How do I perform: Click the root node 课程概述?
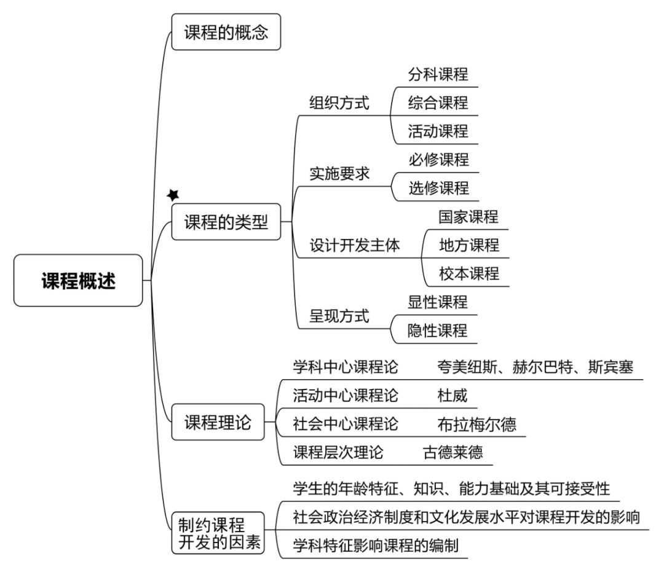tap(78, 281)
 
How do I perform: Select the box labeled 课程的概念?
tap(226, 32)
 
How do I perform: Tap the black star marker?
tap(173, 195)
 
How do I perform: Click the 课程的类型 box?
tap(226, 222)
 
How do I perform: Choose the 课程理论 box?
tap(218, 422)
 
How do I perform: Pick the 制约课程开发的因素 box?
tap(218, 533)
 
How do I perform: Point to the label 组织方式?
tap(339, 103)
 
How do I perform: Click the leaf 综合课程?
tap(438, 103)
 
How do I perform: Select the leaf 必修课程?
tap(439, 160)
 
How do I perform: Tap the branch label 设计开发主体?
tap(355, 245)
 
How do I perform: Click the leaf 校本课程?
tap(468, 273)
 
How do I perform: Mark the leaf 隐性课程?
tap(438, 331)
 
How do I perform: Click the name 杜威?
tap(453, 396)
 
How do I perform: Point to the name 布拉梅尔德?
tap(477, 424)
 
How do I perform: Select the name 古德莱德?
tap(453, 452)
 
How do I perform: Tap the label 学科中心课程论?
tap(346, 367)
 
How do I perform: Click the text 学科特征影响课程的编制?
tap(376, 546)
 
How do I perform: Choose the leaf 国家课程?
tap(468, 217)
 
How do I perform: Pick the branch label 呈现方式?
tap(339, 316)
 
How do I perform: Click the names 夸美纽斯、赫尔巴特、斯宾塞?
tap(536, 367)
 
